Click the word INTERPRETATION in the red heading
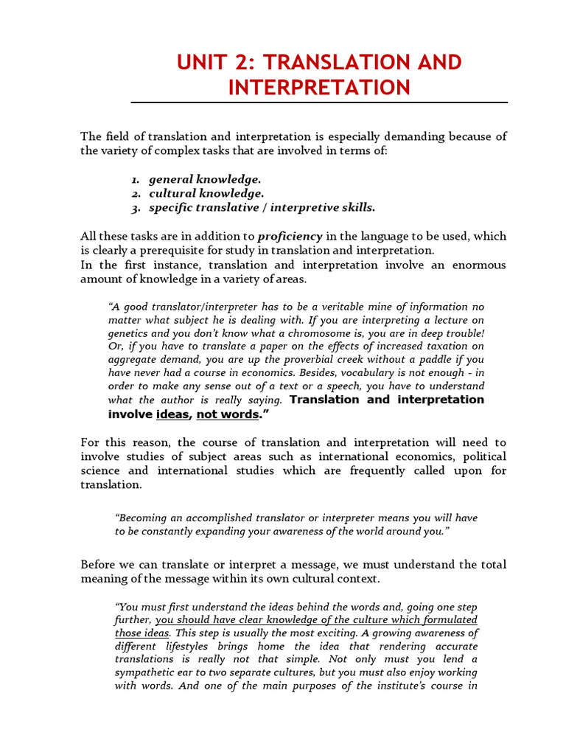[x=319, y=88]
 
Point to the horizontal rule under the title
[x=319, y=102]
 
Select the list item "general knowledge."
[x=205, y=179]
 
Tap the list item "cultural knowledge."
[x=206, y=193]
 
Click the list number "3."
[x=136, y=207]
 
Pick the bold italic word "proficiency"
[x=290, y=236]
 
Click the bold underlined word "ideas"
[x=173, y=414]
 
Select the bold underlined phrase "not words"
[x=228, y=414]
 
